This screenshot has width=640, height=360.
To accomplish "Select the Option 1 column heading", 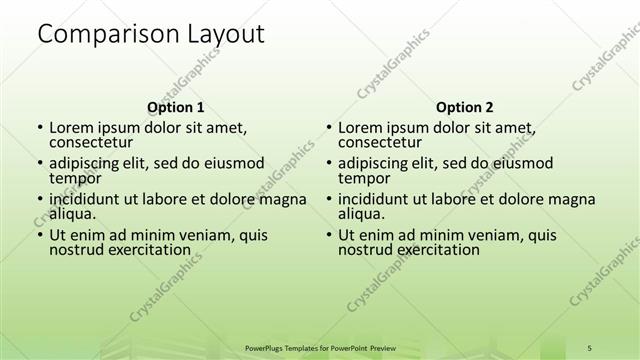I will pyautogui.click(x=176, y=107).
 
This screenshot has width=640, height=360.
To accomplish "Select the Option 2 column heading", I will pyautogui.click(x=465, y=107).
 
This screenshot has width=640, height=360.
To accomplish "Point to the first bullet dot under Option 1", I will pyautogui.click(x=40, y=129).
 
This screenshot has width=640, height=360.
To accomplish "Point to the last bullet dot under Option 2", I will pyautogui.click(x=329, y=236).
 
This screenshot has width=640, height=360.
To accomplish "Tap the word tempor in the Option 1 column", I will pyautogui.click(x=74, y=179).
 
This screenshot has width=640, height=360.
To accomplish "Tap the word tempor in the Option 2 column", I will pyautogui.click(x=363, y=179).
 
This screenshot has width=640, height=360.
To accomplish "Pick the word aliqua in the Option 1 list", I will pyautogui.click(x=72, y=214).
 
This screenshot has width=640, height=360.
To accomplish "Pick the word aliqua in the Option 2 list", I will pyautogui.click(x=361, y=214).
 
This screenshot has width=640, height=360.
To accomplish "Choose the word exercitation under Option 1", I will pyautogui.click(x=147, y=250).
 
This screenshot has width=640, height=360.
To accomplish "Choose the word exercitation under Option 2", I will pyautogui.click(x=436, y=250).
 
